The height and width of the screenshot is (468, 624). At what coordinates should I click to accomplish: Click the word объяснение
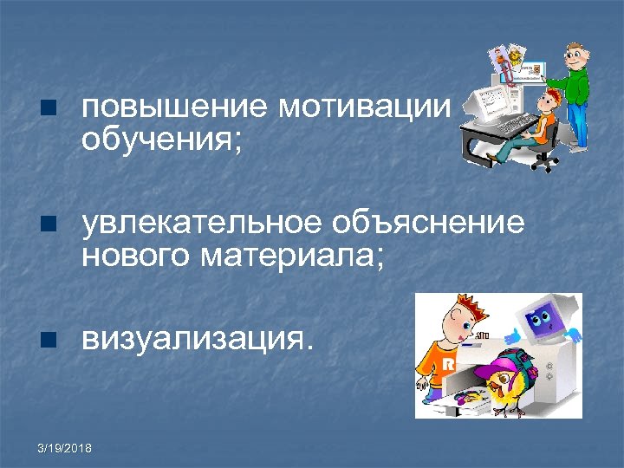click(x=426, y=224)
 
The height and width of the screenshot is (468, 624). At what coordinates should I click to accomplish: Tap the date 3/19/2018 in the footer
click(x=66, y=448)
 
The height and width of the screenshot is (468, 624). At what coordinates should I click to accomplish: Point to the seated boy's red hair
click(x=547, y=98)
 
